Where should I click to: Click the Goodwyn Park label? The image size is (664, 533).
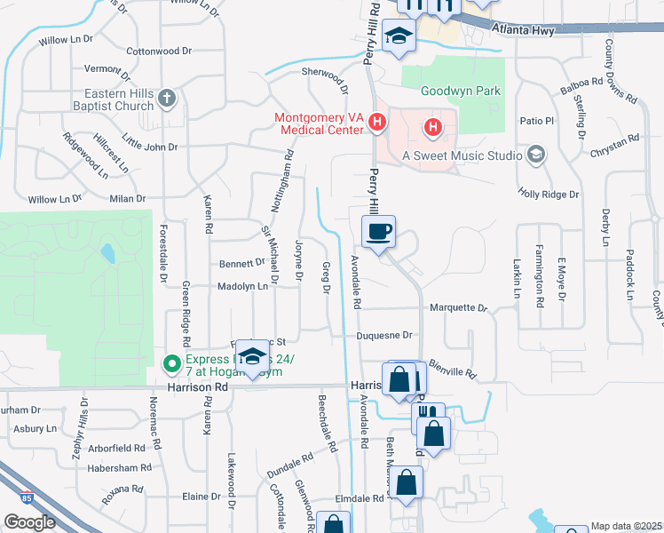point(460,91)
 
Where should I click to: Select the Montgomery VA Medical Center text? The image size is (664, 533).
point(320,123)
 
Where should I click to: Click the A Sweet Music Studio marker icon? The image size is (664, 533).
point(535,155)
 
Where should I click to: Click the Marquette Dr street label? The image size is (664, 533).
point(458,308)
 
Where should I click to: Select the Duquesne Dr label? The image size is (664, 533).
point(384,336)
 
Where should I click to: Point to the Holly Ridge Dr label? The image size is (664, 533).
point(549,194)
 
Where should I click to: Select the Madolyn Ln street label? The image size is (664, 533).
point(242,286)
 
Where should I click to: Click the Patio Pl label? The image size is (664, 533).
point(536,120)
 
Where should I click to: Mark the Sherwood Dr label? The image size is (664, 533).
point(324,77)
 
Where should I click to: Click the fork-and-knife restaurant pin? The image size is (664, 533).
point(429,414)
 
